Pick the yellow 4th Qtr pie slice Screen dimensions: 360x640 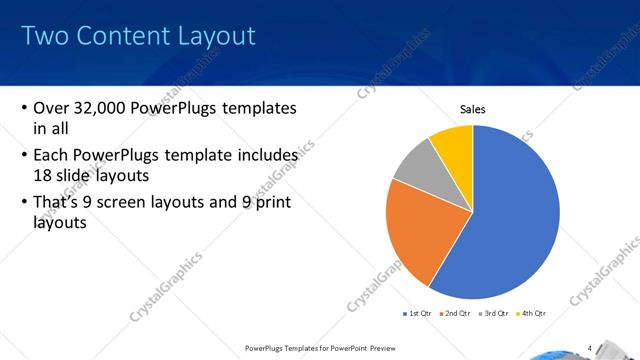[x=455, y=145]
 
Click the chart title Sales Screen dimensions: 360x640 [x=473, y=109]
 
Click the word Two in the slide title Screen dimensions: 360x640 [x=45, y=37]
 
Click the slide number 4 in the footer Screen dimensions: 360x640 [x=590, y=348]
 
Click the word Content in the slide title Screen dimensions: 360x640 [x=123, y=37]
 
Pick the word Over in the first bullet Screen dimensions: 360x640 [x=51, y=108]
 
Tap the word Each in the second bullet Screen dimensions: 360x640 [x=52, y=155]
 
